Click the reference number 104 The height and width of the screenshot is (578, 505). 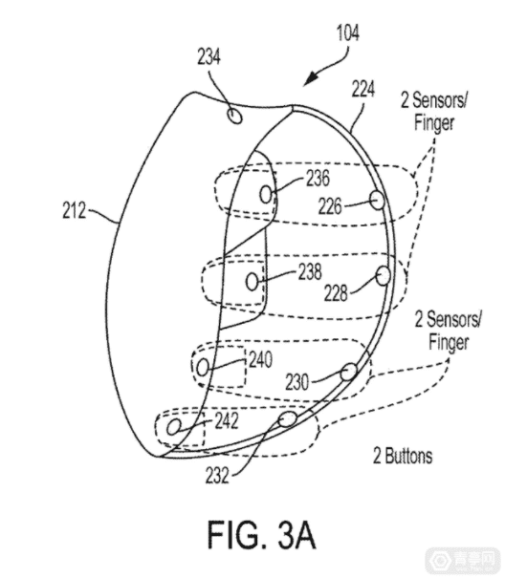tap(348, 33)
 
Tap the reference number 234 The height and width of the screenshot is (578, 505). tap(209, 57)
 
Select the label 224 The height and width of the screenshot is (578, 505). tap(363, 89)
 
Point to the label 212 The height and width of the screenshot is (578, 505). tap(74, 210)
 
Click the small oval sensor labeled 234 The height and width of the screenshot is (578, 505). tap(234, 116)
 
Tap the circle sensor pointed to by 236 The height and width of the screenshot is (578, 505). tap(266, 194)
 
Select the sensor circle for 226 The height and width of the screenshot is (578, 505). tap(377, 201)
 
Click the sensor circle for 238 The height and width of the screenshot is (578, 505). tap(252, 282)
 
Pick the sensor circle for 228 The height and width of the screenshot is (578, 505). tap(384, 276)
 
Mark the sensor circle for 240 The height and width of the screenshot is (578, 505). tap(203, 368)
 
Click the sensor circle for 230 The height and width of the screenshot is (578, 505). tap(349, 372)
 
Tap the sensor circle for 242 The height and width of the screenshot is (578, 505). tap(173, 428)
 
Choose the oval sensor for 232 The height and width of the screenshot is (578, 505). tap(287, 419)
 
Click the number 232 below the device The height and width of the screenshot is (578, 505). tap(217, 475)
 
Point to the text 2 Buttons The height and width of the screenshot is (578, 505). tap(403, 456)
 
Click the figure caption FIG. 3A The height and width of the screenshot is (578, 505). tap(262, 535)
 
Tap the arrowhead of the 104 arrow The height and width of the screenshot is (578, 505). tap(307, 81)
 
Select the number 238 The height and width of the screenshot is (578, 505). tap(310, 271)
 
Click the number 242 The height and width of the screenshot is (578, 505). tap(227, 421)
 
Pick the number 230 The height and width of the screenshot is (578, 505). tap(296, 382)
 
